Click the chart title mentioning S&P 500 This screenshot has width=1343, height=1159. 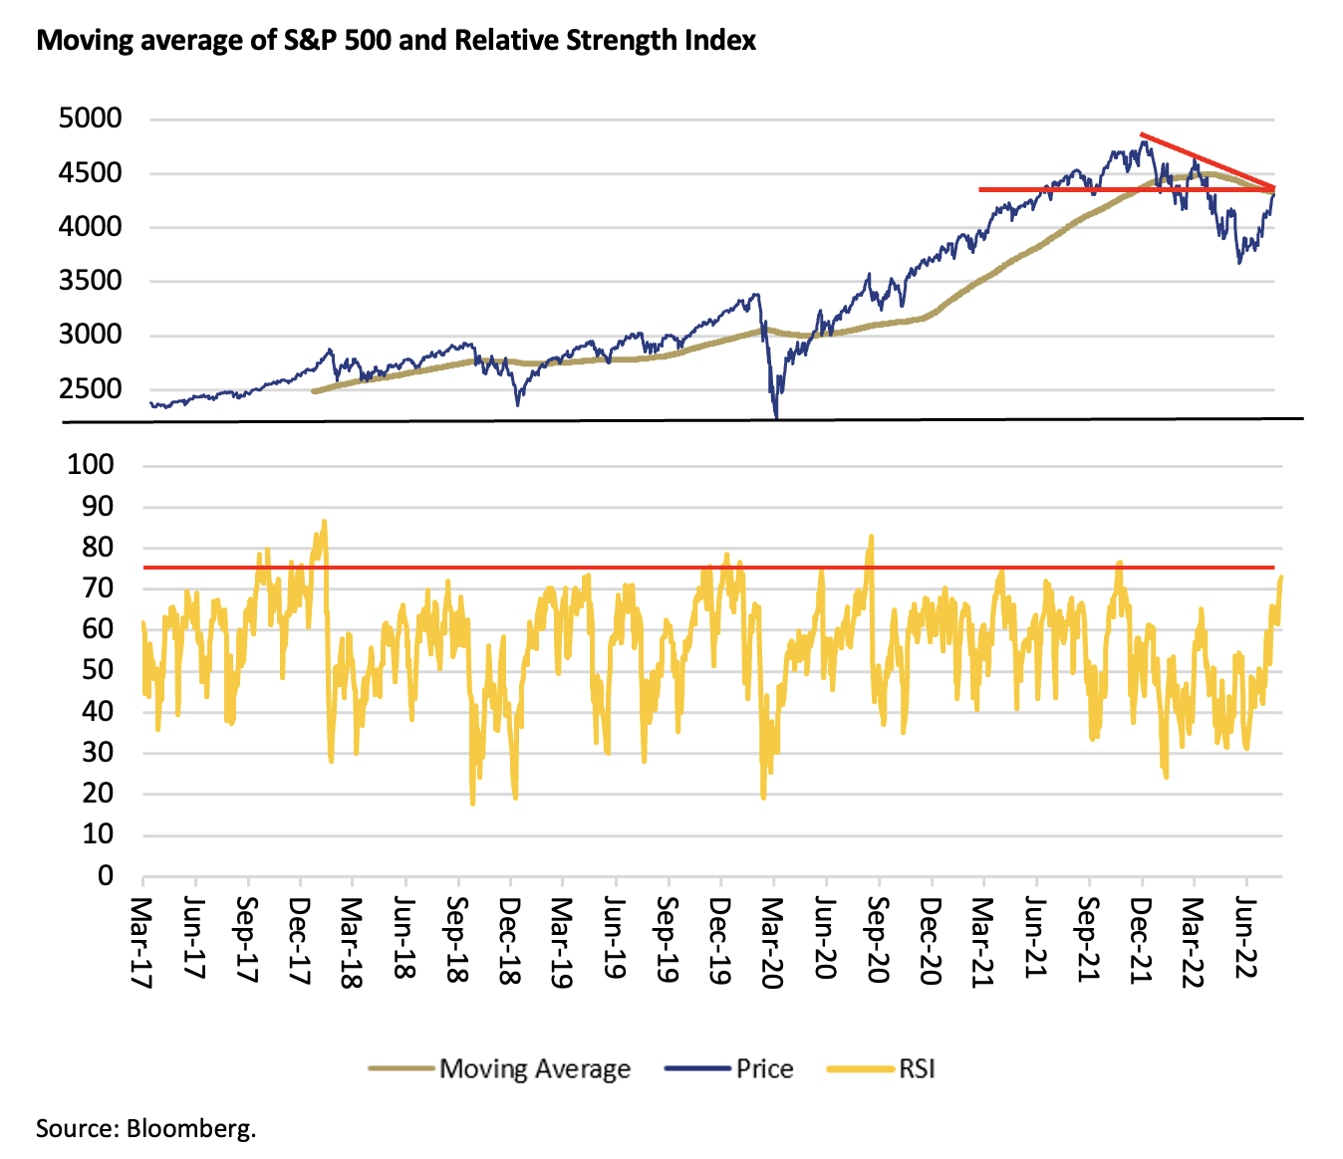[396, 41]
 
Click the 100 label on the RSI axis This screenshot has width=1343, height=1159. [90, 464]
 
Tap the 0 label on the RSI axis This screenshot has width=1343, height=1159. [105, 875]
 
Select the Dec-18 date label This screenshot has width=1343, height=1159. [509, 940]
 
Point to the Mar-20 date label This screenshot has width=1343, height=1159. [772, 941]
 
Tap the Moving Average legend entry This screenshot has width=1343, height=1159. [534, 1069]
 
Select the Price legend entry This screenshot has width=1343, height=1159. [764, 1069]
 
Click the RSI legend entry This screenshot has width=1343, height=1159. [917, 1069]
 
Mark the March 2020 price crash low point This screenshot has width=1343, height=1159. [775, 416]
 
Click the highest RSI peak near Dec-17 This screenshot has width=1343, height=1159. [324, 521]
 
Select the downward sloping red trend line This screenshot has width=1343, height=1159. [1209, 160]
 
